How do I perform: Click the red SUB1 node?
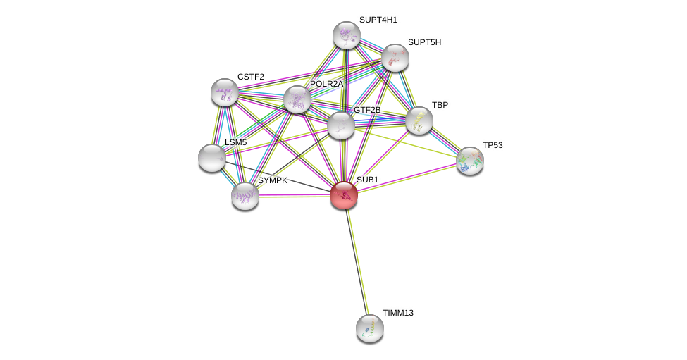tap(344, 195)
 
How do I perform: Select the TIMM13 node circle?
tap(370, 328)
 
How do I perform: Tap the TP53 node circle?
tap(470, 161)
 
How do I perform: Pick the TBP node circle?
tap(419, 120)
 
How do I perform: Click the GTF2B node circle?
tap(341, 125)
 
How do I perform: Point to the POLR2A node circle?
tap(297, 99)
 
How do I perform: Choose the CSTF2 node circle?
tap(225, 92)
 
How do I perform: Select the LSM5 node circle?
tap(212, 158)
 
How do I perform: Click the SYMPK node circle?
tap(245, 195)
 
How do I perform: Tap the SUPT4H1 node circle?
tap(347, 35)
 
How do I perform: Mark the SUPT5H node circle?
tap(395, 58)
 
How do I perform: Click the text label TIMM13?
tap(398, 313)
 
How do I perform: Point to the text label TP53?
tap(493, 145)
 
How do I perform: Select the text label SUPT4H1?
tap(378, 20)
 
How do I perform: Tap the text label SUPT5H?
tap(424, 42)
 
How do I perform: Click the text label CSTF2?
tap(251, 77)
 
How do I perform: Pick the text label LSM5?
tap(235, 142)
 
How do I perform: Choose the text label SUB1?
tap(367, 180)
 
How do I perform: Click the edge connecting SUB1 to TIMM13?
tap(357, 261)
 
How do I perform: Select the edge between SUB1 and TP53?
tap(407, 178)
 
